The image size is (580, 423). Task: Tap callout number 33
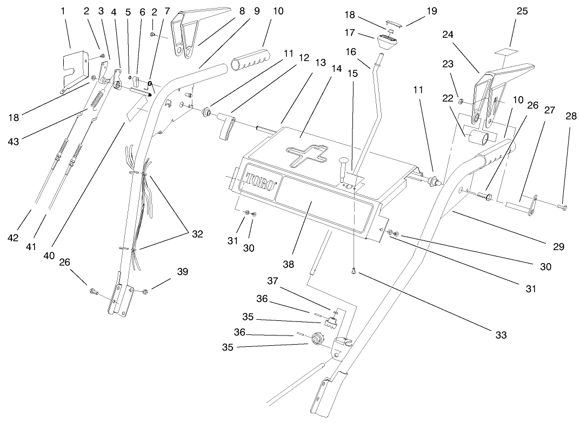501,335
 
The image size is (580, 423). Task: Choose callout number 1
64,10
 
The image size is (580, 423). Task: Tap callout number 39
183,272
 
